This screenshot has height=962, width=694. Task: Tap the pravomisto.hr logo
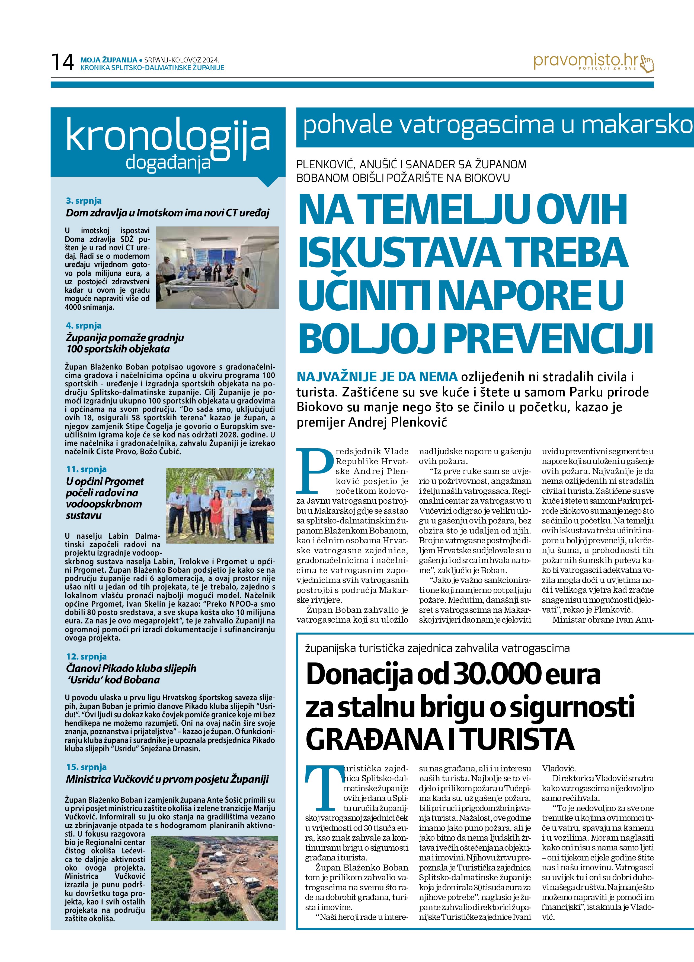[x=593, y=62]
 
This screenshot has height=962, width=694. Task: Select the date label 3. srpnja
[x=84, y=201]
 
